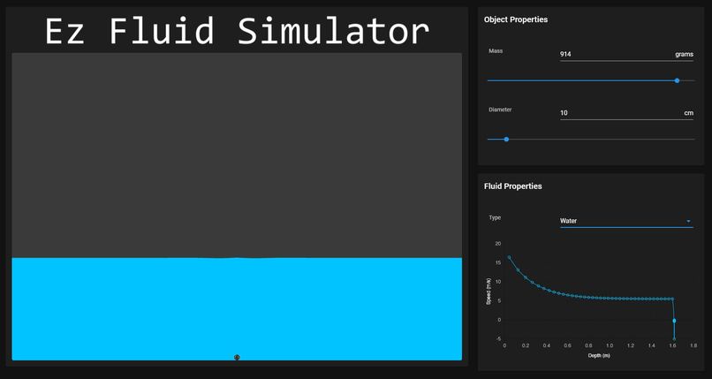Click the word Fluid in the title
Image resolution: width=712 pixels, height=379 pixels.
pos(162,31)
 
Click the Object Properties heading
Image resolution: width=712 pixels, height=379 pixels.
pos(516,19)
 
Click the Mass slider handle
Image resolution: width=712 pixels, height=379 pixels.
pos(677,80)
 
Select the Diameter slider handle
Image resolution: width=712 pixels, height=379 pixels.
pos(506,139)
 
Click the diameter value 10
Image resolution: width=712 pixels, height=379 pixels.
pos(564,113)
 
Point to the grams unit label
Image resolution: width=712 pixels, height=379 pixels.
pos(684,55)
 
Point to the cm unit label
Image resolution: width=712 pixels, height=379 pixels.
pos(688,113)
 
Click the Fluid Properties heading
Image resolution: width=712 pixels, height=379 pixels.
pos(513,186)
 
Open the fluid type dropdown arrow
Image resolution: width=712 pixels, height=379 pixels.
pos(688,221)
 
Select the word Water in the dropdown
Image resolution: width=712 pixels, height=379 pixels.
pos(569,221)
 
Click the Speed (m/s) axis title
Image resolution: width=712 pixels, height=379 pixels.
pos(489,291)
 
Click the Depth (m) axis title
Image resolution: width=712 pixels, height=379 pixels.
pos(599,355)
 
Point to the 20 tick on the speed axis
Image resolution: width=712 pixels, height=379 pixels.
pos(497,244)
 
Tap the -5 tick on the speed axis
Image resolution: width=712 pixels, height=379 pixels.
pos(497,339)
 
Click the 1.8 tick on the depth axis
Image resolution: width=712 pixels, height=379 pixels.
pos(693,345)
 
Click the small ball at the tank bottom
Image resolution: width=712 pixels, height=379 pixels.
pos(237,357)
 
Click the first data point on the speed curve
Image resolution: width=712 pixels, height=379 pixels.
pos(509,257)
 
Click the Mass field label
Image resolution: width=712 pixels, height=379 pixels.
pos(496,51)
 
